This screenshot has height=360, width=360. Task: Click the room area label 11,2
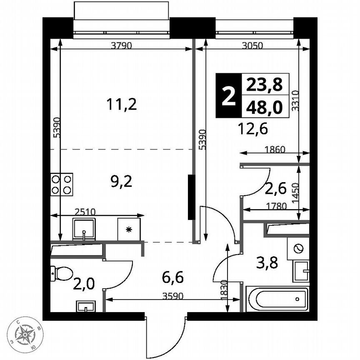click(x=121, y=105)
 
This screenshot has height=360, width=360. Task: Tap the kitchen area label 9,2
click(x=119, y=181)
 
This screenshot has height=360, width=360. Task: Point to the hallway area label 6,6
click(x=172, y=276)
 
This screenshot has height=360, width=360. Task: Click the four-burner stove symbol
click(x=62, y=184)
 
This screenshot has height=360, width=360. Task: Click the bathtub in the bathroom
click(x=277, y=299)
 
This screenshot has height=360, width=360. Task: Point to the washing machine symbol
click(x=297, y=249)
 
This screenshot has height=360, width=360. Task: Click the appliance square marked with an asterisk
click(x=129, y=229)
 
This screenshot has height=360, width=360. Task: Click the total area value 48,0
click(x=264, y=107)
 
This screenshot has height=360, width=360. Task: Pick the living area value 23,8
click(x=264, y=85)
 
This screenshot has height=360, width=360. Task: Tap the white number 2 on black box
click(x=228, y=96)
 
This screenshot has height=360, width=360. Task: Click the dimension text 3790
click(x=122, y=46)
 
